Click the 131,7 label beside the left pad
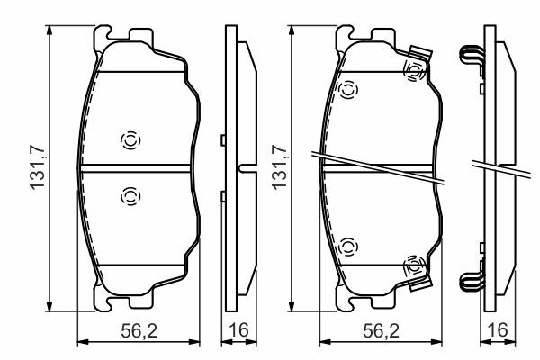tap(38, 167)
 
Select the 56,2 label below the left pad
tap(139, 331)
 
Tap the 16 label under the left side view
tap(238, 330)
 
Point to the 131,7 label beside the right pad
tap(279, 167)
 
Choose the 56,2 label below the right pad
tap(382, 331)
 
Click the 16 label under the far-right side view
tap(498, 330)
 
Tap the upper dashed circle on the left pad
tap(130, 140)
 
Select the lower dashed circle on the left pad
tap(130, 196)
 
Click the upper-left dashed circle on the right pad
tap(348, 90)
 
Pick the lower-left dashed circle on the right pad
tap(348, 247)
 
